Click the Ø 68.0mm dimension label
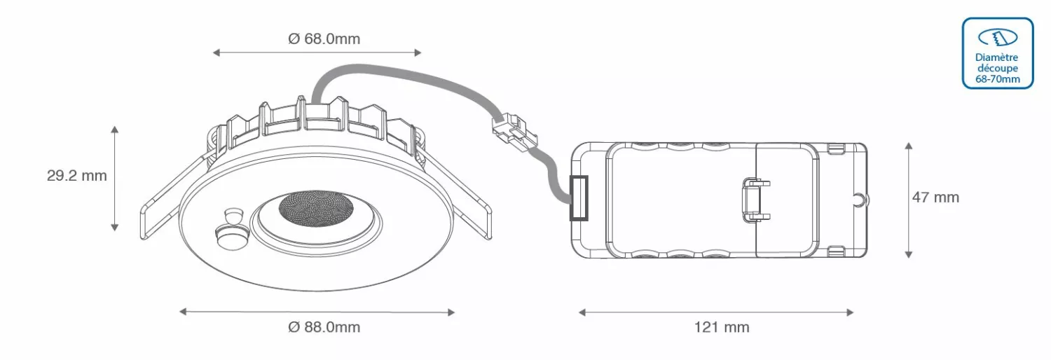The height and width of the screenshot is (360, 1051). [x=324, y=39]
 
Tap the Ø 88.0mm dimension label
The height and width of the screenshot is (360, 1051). [x=324, y=326]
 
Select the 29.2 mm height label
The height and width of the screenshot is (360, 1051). [x=77, y=175]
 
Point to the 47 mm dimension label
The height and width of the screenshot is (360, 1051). [x=935, y=198]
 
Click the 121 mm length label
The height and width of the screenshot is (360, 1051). [x=722, y=326]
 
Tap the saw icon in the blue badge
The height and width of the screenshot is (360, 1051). [x=998, y=38]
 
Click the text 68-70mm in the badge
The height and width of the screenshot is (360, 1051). [x=998, y=79]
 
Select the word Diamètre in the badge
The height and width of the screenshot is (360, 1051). [x=996, y=57]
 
